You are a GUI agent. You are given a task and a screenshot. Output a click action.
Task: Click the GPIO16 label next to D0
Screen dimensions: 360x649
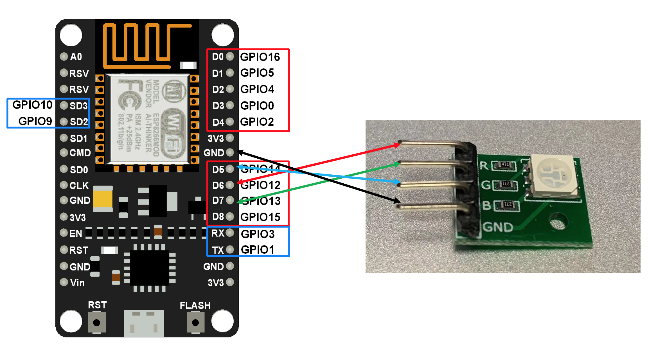tap(260, 57)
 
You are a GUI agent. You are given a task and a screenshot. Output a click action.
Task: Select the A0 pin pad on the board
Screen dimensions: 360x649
tap(64, 57)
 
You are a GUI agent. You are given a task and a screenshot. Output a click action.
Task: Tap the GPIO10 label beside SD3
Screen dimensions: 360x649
tap(32, 105)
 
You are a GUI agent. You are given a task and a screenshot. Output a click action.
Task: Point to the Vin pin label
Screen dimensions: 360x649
tap(77, 283)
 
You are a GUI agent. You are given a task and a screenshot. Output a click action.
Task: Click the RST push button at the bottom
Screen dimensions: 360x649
tap(97, 322)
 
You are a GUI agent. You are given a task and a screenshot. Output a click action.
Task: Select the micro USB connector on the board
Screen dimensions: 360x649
tap(144, 323)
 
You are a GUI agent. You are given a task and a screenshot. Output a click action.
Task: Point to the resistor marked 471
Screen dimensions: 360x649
tap(505, 165)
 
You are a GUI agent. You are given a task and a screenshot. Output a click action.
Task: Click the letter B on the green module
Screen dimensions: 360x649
tap(486, 206)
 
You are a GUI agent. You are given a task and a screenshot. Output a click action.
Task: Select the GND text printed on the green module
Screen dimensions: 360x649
tap(498, 227)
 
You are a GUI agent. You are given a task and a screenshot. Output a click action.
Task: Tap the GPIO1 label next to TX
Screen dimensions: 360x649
tap(257, 249)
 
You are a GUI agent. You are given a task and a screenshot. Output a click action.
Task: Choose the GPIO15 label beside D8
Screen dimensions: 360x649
tap(260, 217)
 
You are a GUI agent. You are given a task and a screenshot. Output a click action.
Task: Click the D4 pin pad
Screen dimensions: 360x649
tap(230, 122)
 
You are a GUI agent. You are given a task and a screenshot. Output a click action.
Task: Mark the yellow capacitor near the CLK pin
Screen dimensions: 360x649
tap(103, 199)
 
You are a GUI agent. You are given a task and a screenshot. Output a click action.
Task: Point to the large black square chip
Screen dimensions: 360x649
tap(150, 267)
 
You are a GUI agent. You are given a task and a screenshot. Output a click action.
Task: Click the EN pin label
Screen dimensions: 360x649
tap(76, 233)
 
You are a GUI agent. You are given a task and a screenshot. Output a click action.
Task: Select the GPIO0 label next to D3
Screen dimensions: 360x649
tap(257, 106)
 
